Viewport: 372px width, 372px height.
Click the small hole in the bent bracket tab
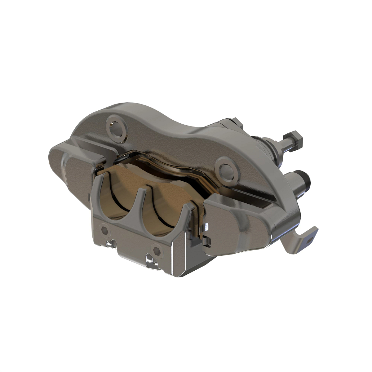(309, 239)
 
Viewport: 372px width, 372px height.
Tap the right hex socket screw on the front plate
(157, 249)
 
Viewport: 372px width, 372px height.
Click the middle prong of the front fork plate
(143, 198)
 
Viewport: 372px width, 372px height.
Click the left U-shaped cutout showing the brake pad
(119, 201)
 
